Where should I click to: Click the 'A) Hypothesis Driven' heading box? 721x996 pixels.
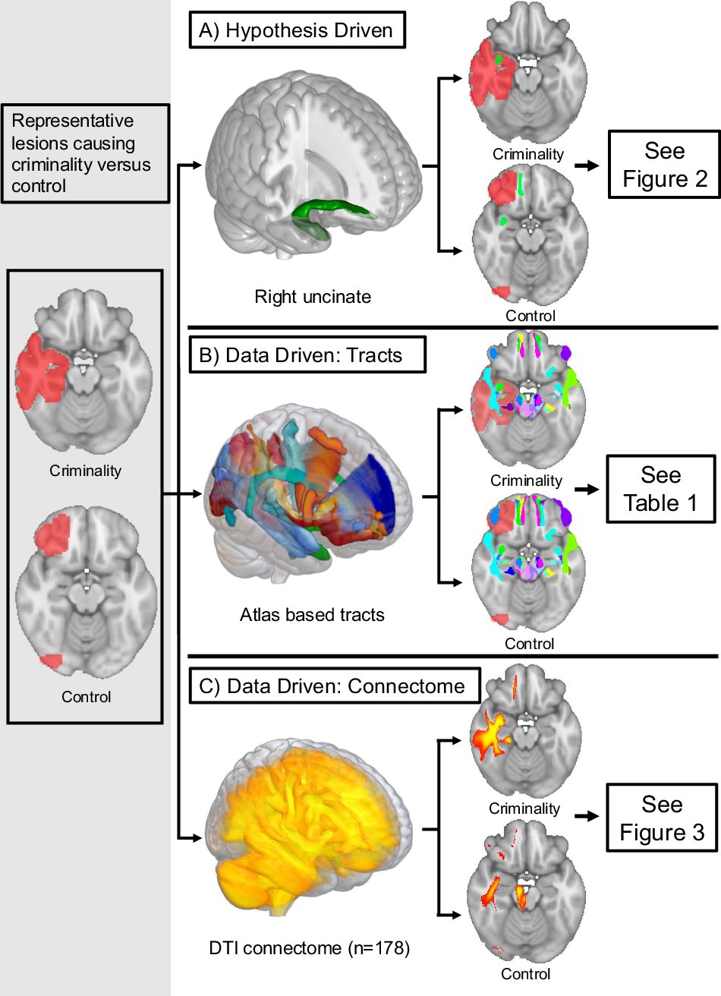[297, 30]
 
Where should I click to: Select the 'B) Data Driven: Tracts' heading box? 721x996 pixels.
[307, 355]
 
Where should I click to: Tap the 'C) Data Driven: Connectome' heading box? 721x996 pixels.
[335, 686]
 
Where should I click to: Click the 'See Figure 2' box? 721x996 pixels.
[664, 165]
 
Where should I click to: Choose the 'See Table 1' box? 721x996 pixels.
[660, 489]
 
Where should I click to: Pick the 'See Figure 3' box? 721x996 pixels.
[661, 818]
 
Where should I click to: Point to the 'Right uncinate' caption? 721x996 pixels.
[313, 297]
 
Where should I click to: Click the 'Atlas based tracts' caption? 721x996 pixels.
[312, 614]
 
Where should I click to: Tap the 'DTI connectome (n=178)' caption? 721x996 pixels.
[309, 948]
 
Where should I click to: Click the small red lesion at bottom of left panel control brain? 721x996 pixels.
[51, 661]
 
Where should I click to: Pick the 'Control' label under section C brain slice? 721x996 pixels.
[525, 974]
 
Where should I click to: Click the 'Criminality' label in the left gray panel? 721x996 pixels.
[85, 471]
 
